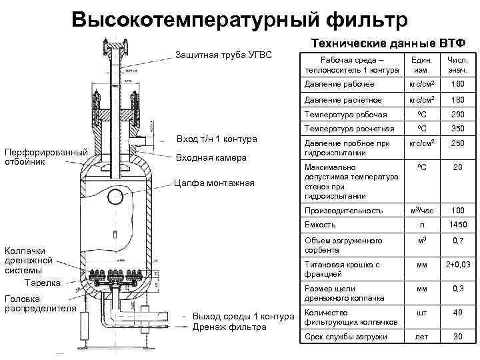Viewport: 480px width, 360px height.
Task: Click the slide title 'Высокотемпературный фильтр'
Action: tap(238, 19)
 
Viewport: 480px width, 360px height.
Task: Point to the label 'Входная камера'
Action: tap(210, 158)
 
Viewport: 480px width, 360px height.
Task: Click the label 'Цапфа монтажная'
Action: tap(214, 183)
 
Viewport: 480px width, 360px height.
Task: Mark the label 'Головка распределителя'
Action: tap(39, 303)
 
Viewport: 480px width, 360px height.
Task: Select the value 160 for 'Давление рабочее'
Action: tap(457, 85)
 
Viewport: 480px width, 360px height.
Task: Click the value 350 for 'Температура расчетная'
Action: tap(457, 129)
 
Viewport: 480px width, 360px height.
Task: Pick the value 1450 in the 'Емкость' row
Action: tap(457, 225)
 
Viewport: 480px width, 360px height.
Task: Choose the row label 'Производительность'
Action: tap(343, 211)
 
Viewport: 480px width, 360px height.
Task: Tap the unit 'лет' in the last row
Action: tap(421, 337)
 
